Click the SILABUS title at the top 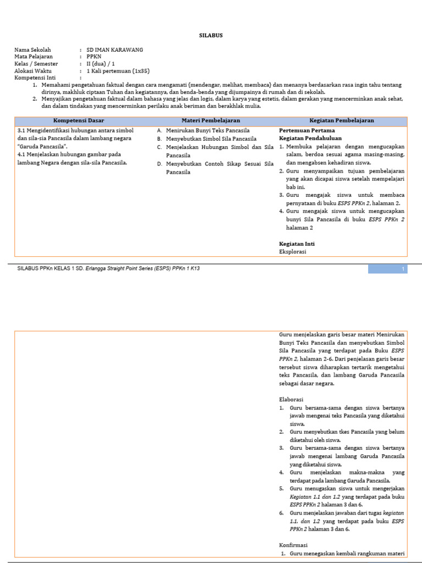[x=210, y=35]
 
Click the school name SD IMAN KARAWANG [x=114, y=49]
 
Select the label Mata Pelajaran [x=34, y=57]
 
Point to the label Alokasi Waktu [x=32, y=71]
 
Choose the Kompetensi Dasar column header [x=79, y=120]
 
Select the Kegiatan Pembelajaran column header [x=341, y=120]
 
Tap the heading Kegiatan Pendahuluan [x=311, y=139]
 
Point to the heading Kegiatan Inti [x=297, y=244]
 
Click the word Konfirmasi [x=293, y=545]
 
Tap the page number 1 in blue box [x=403, y=269]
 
